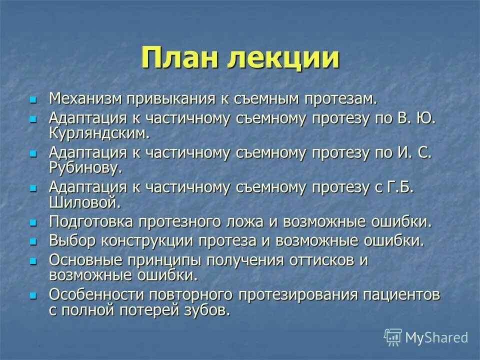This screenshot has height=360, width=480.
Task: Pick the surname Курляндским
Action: [x=99, y=133]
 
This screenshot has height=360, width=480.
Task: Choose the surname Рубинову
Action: [x=85, y=167]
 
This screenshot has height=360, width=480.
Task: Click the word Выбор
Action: [x=72, y=240]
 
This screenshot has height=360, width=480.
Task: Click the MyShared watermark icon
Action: [x=393, y=337]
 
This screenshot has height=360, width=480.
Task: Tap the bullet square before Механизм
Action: [x=34, y=99]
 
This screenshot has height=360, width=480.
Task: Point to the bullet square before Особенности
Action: [x=34, y=295]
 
